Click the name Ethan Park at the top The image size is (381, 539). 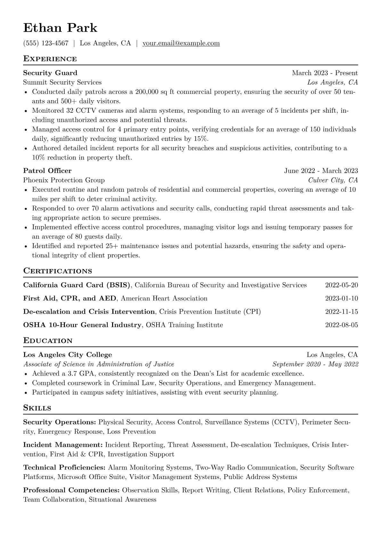point(60,28)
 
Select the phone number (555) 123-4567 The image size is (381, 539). point(46,43)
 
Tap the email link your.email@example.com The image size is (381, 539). point(181,43)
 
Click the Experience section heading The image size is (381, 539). point(50,59)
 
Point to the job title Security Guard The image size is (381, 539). point(50,73)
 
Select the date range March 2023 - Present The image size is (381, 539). point(325,73)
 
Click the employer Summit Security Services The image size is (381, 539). point(62,82)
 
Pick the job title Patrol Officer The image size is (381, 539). point(47,171)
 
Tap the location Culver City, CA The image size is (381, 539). point(333,180)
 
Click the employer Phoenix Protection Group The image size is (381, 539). point(64,180)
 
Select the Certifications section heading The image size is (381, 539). point(58,271)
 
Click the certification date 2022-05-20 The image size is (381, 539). point(341,285)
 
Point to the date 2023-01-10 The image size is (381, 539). point(341,298)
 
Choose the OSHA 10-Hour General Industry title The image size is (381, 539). point(82,325)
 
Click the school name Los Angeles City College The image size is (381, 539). point(68,355)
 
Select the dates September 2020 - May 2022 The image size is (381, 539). point(315,364)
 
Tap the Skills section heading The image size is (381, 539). point(37,408)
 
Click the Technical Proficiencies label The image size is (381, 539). point(64,468)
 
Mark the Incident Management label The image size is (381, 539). point(63,445)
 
